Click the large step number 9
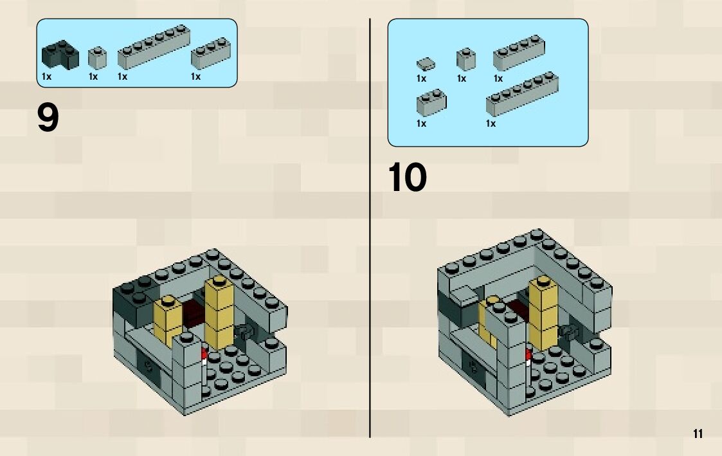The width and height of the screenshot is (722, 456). pos(48,119)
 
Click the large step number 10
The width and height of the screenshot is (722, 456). pos(407,178)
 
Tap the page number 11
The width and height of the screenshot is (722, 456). pos(698,433)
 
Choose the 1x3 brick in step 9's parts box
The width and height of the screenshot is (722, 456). pos(211,53)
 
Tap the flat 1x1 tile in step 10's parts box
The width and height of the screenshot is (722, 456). pos(424,63)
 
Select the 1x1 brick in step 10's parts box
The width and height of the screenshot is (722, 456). pos(465,59)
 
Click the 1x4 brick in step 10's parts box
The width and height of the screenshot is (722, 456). pos(519,52)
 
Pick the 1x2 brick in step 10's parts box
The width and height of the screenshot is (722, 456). pos(431,101)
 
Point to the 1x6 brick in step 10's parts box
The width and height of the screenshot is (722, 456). pos(522,94)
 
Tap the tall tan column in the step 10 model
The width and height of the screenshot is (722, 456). pos(543,312)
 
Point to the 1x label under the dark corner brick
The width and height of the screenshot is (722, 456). pos(46,77)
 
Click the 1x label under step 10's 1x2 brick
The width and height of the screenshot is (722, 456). pos(421,123)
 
